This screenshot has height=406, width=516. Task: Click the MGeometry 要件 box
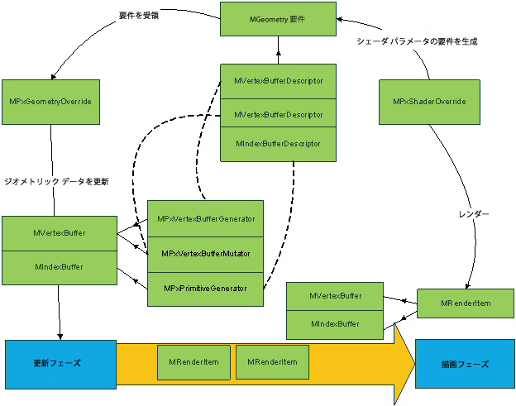click(x=279, y=19)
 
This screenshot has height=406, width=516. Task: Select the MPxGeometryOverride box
click(x=50, y=102)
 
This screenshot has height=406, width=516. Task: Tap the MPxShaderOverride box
click(x=429, y=102)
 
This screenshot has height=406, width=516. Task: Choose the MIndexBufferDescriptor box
click(x=278, y=144)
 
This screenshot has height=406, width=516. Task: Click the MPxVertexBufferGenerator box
click(x=205, y=219)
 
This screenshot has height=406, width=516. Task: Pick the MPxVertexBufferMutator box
click(x=205, y=252)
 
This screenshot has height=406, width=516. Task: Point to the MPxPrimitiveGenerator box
click(x=205, y=289)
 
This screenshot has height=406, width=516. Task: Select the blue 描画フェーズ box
click(x=465, y=364)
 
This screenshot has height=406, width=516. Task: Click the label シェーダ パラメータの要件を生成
click(x=417, y=41)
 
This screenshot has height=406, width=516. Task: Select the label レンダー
click(x=474, y=214)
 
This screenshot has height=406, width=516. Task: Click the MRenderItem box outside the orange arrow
click(x=466, y=303)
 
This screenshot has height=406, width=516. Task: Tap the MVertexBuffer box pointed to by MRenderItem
click(x=335, y=295)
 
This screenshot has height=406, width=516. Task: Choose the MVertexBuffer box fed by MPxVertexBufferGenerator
click(x=57, y=233)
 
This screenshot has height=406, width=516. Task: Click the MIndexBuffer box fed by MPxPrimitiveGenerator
click(x=57, y=267)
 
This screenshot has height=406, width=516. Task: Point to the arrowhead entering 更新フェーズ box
click(x=60, y=333)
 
